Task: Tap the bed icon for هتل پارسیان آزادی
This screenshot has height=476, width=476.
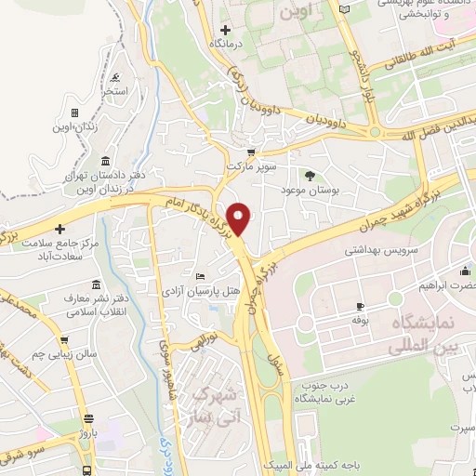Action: pos(201,276)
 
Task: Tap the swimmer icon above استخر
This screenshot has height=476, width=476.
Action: pos(113,78)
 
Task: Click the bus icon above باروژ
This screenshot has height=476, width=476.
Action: pos(88,419)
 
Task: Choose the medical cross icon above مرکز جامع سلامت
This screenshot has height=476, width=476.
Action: pos(60,229)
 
